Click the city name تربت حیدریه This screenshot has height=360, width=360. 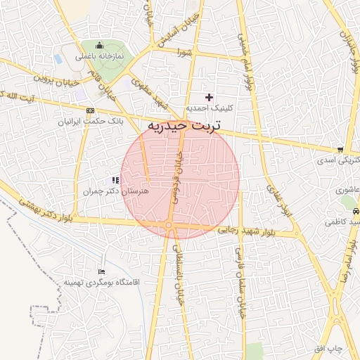(x=184, y=127)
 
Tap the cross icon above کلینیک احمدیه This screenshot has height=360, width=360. (x=208, y=97)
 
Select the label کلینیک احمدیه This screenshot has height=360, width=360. (x=209, y=109)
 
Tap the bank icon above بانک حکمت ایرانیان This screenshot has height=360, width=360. (x=90, y=110)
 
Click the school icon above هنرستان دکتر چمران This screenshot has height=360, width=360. (x=115, y=181)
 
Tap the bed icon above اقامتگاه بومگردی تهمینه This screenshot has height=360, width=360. (x=103, y=271)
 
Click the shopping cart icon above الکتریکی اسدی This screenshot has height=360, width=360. (x=340, y=149)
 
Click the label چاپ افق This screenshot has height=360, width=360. (x=328, y=349)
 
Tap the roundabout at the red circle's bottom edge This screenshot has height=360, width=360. (x=170, y=225)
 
